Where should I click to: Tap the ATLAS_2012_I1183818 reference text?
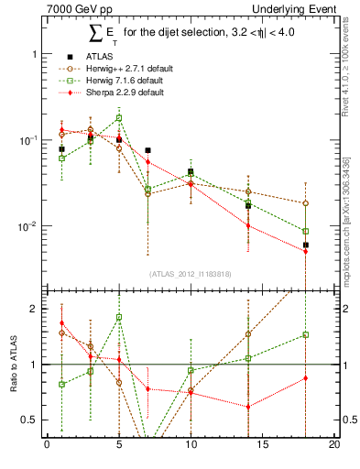click(190, 274)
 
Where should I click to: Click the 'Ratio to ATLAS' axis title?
click(12, 365)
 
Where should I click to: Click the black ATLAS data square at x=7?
click(147, 150)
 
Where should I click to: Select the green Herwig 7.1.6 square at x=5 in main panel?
click(119, 118)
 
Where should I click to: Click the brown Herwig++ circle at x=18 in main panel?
click(306, 203)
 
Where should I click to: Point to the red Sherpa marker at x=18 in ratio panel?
click(306, 377)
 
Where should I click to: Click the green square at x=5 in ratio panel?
click(119, 318)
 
